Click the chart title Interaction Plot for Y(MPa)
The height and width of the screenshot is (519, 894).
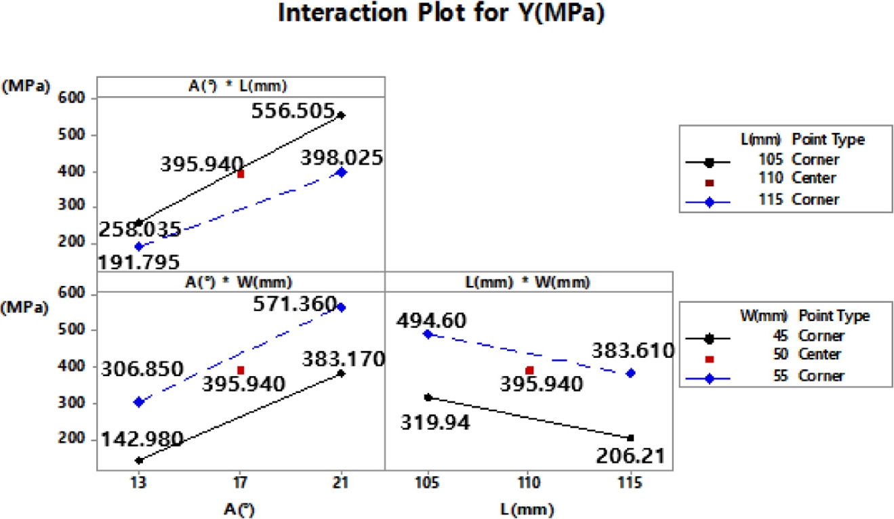tap(446, 14)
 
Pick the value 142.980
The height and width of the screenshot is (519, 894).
tap(142, 440)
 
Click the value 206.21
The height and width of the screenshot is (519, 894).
tap(630, 456)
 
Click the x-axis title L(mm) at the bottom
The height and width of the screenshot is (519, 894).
tap(529, 507)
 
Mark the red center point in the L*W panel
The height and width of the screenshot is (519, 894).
tap(529, 370)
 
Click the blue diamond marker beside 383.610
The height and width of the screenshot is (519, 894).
tap(631, 373)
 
